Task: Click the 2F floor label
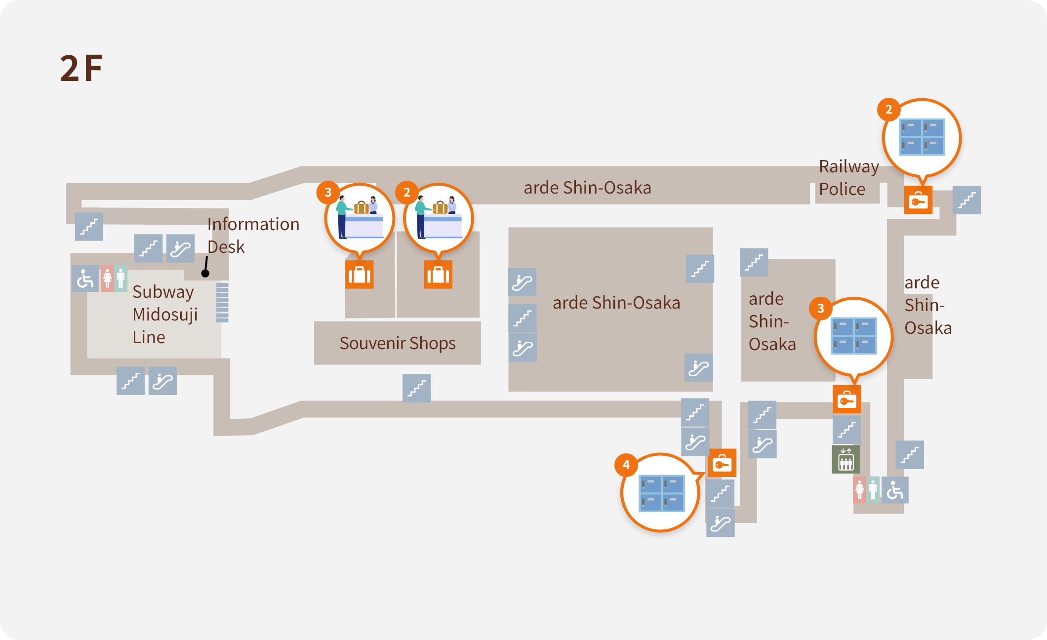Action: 81,68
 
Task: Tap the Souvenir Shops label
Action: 398,343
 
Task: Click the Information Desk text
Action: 253,235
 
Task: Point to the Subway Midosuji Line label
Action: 164,314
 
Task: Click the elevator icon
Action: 846,459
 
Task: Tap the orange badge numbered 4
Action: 626,465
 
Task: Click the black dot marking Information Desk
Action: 205,273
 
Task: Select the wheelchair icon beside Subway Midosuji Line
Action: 85,279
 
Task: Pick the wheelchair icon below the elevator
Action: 895,490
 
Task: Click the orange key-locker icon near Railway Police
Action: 918,200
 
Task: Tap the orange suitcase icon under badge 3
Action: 359,275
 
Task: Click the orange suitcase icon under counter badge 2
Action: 438,275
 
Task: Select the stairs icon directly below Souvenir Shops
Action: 416,388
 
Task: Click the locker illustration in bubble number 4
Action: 662,493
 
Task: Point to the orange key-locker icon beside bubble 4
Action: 722,463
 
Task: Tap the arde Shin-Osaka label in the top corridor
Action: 587,188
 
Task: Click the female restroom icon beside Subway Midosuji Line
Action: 107,279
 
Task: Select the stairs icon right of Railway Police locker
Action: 966,200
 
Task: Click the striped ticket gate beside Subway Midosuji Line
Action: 222,302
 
